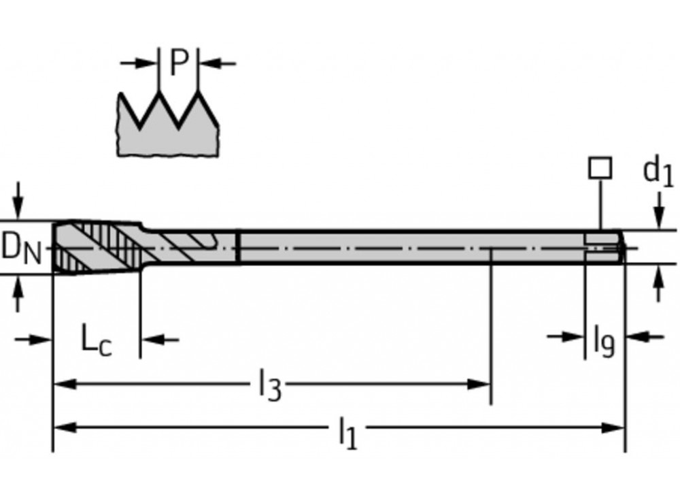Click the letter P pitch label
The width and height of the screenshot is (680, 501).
[x=178, y=63]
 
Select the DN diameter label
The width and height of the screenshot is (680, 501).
[x=22, y=248]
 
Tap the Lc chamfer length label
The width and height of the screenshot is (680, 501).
[x=95, y=340]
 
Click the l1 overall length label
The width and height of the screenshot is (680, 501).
[x=347, y=432]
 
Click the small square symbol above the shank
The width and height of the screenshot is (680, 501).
[x=600, y=168]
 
